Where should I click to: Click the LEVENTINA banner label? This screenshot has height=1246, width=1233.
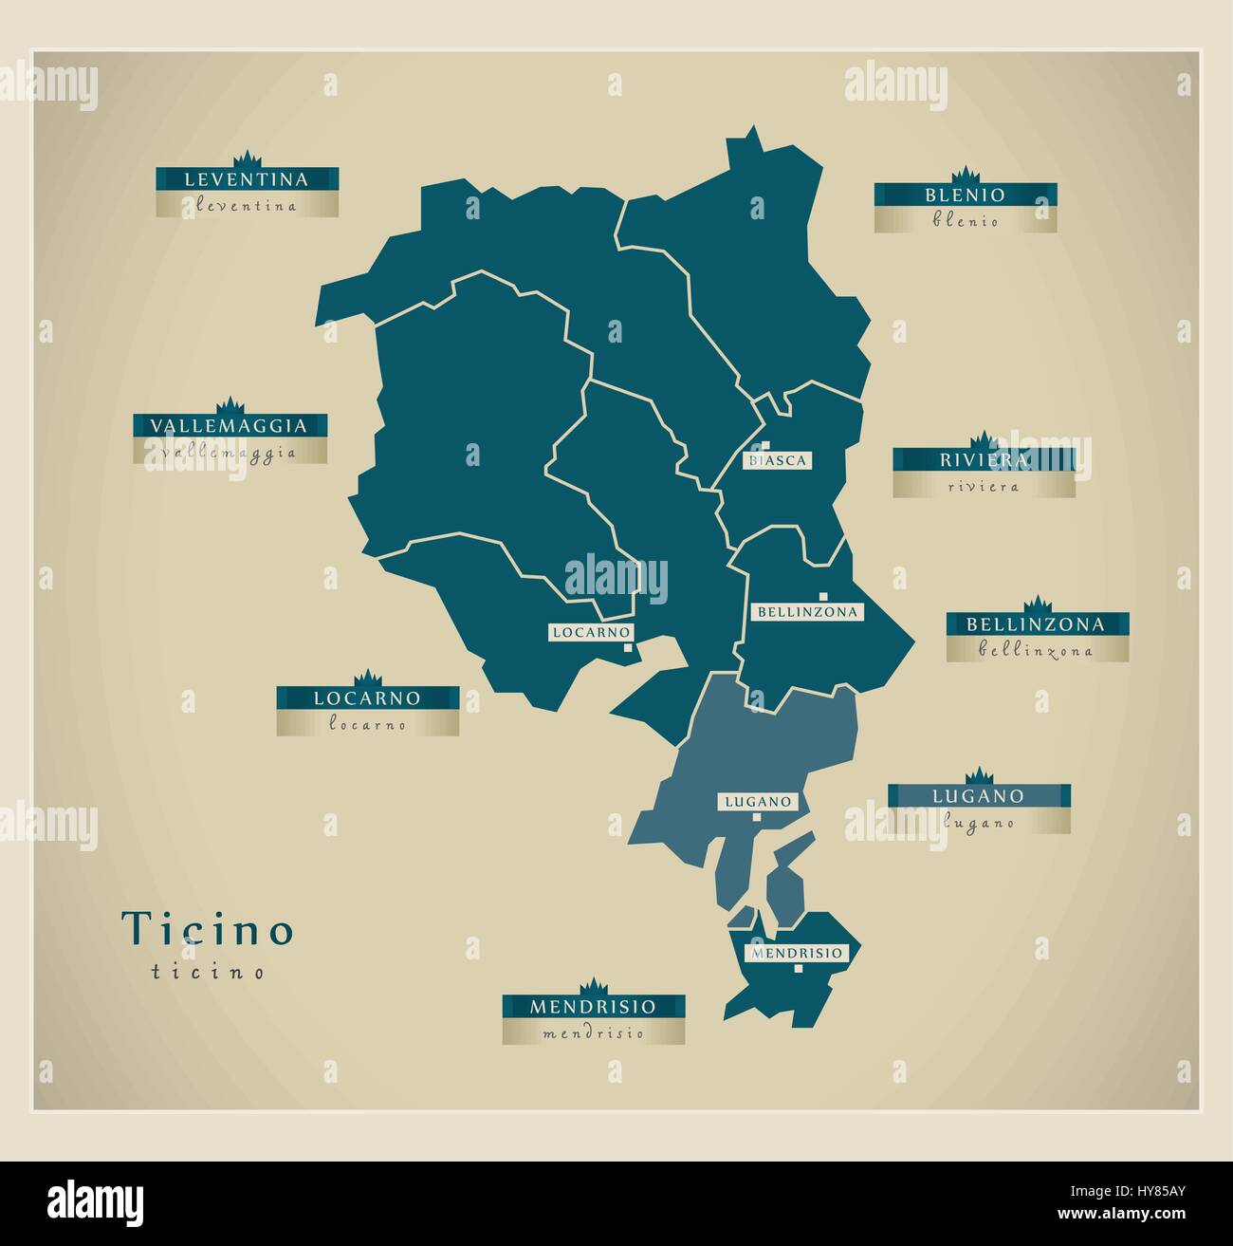pos(247,178)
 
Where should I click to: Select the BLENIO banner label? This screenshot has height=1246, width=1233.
pos(965,195)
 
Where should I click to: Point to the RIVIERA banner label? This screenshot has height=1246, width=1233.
pos(984,460)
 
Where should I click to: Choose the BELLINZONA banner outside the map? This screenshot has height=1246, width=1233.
pos(1036,624)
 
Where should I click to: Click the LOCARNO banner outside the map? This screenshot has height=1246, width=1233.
pos(367,698)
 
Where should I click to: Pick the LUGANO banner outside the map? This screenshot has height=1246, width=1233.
pos(978,795)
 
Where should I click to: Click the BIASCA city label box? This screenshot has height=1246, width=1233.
pos(778,460)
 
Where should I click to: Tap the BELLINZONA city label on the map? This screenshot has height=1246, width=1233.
pos(806,612)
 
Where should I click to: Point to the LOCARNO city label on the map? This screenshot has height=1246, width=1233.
pos(590,631)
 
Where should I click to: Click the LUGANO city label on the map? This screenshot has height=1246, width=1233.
pos(757,801)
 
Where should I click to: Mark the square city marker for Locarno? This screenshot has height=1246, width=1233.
pos(628,648)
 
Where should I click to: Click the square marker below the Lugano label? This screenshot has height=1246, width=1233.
pos(757,816)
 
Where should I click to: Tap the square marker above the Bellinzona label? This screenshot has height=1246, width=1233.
pos(821,596)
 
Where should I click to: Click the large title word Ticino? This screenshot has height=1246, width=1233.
pos(208,929)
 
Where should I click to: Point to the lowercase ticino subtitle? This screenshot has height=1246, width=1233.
pos(207,972)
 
